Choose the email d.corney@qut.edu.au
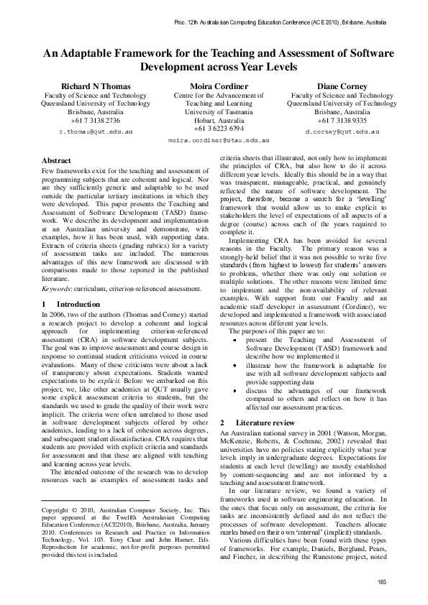pos(337,133)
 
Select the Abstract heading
pos(57,160)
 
